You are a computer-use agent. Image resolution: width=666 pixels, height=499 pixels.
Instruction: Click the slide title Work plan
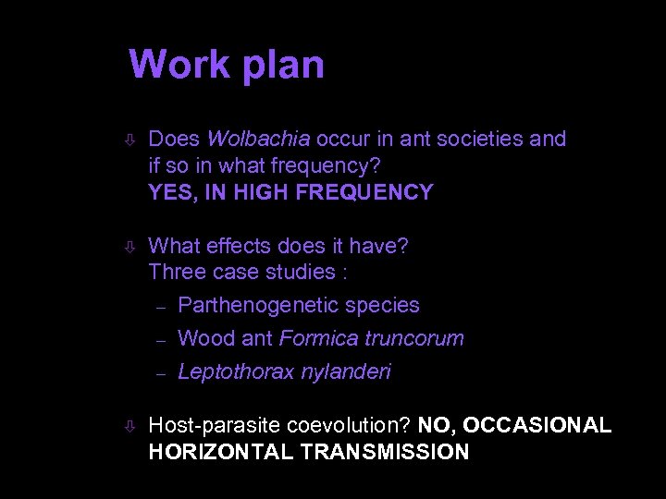pyautogui.click(x=227, y=65)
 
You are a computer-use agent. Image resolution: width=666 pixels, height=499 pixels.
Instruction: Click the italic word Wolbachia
pyautogui.click(x=258, y=140)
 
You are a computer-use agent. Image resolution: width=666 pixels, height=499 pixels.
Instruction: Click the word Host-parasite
pyautogui.click(x=215, y=425)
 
